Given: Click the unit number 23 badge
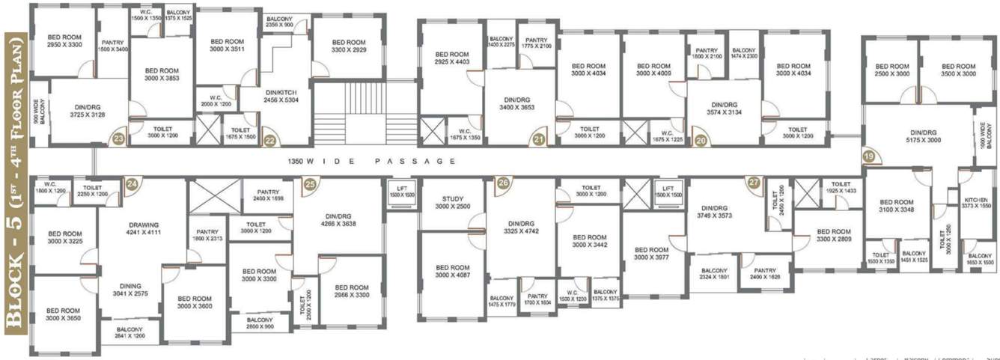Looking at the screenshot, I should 118,138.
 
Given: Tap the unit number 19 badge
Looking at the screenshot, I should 869,156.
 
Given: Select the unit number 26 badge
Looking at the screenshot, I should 502,183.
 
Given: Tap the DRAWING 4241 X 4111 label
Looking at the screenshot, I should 144,228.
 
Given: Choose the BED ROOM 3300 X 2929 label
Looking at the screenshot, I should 348,46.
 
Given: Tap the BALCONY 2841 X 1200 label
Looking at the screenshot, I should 129,332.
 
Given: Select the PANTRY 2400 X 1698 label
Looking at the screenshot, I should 268,195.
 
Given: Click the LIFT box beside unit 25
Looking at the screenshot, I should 401,192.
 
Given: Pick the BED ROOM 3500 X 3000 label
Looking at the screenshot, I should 959,70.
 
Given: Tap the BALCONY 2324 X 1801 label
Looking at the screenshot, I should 714,274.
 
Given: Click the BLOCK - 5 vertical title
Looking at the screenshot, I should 15,180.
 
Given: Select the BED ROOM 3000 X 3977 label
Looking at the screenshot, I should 650,254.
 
